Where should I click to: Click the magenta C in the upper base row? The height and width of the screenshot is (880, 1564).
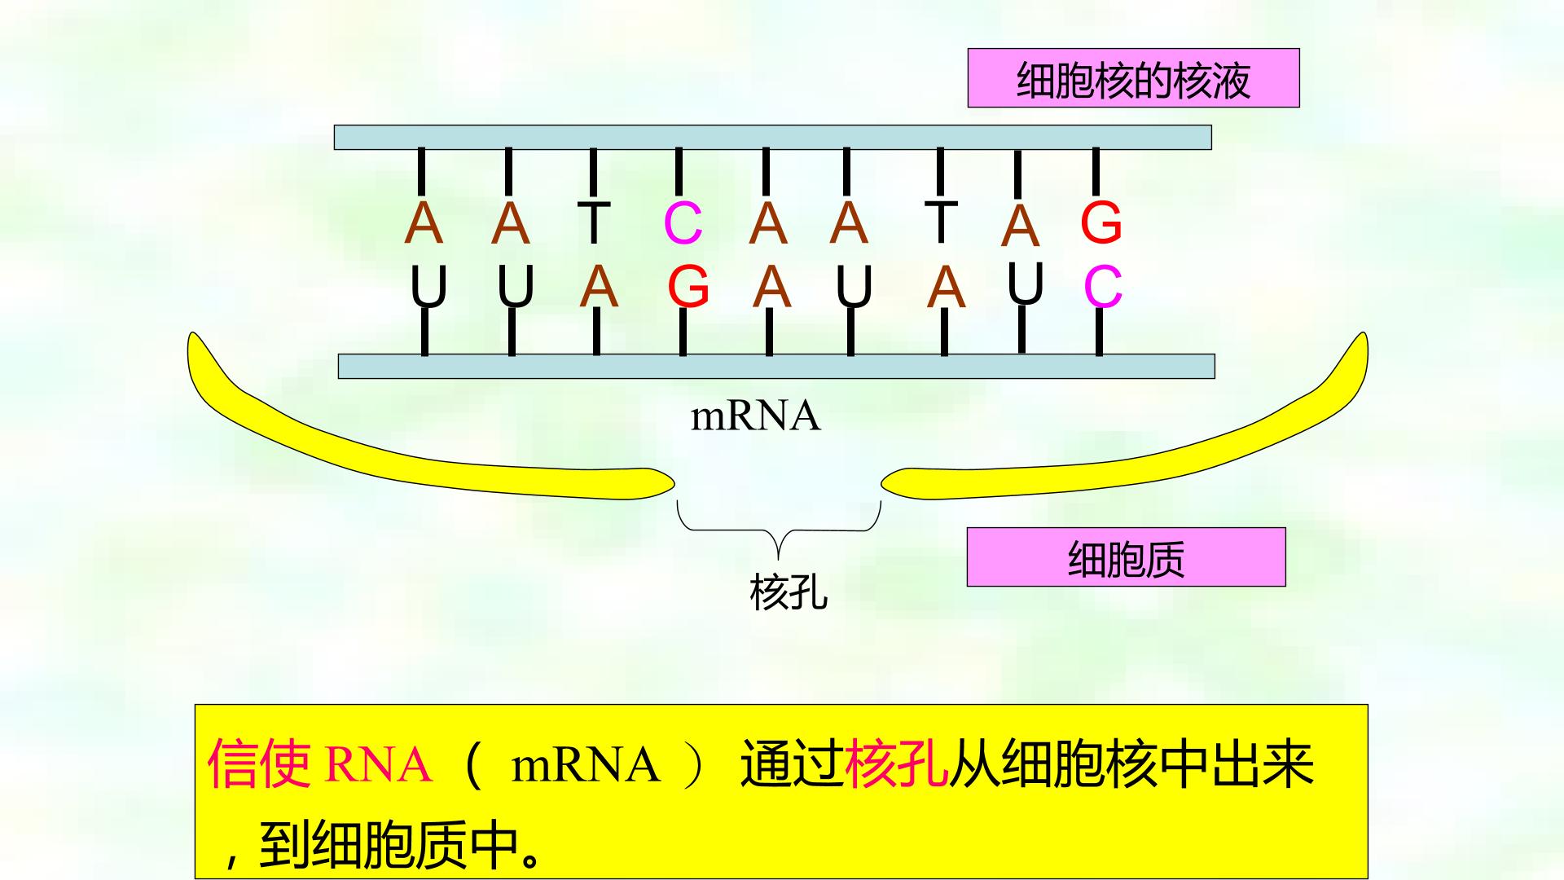click(x=683, y=222)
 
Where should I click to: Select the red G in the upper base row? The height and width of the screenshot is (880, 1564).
click(x=1101, y=222)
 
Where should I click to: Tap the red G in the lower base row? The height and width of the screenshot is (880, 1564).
click(x=688, y=287)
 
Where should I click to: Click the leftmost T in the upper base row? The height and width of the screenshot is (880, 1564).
click(x=594, y=222)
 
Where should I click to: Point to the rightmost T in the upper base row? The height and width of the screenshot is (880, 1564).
click(x=941, y=220)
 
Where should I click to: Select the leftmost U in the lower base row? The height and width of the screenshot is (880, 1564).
click(x=428, y=287)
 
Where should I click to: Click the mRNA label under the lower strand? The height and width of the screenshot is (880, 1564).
click(x=755, y=416)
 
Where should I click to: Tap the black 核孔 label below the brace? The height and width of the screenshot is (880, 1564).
click(x=789, y=592)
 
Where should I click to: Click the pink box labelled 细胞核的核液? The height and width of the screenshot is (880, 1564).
click(x=1133, y=78)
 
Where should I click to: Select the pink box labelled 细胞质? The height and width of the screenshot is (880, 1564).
click(x=1126, y=557)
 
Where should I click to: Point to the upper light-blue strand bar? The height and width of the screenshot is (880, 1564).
click(x=772, y=138)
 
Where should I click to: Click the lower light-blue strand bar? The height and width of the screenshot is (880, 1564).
click(x=776, y=367)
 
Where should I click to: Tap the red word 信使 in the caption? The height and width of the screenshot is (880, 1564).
click(x=259, y=764)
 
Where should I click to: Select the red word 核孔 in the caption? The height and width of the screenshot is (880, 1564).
click(x=897, y=764)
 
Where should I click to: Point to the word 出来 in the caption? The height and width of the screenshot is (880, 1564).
click(x=1263, y=764)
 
